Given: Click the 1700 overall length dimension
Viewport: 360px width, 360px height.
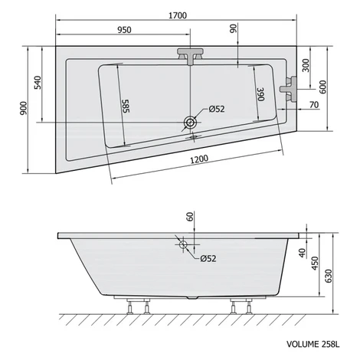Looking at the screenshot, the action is tap(178, 15).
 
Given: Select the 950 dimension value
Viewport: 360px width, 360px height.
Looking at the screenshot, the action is tap(124, 30).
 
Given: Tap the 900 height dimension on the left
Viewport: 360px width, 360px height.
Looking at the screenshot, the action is tap(23, 108).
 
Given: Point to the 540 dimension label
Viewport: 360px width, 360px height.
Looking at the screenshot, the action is tap(38, 82).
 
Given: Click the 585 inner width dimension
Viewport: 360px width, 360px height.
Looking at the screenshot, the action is tap(126, 106).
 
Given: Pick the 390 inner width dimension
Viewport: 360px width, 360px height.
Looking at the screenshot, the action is tap(260, 94).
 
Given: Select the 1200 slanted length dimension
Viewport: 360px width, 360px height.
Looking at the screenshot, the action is tap(199, 159).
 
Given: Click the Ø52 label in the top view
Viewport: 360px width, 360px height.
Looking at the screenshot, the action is tap(217, 109).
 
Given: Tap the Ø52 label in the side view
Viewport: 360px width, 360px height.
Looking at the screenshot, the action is tap(208, 259).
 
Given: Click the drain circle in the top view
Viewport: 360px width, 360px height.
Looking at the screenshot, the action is tap(190, 123).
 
